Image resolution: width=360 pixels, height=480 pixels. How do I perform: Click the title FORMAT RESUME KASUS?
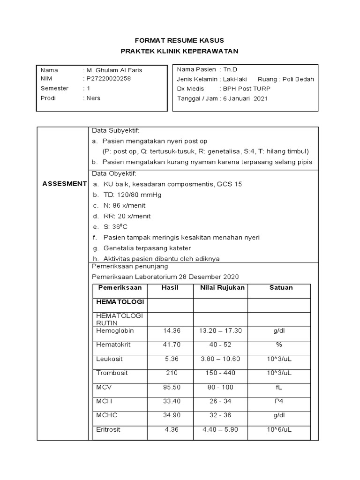180,40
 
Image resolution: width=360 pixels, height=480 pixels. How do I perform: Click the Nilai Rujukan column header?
220,288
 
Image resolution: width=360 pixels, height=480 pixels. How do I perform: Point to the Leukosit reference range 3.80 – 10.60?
220,359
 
